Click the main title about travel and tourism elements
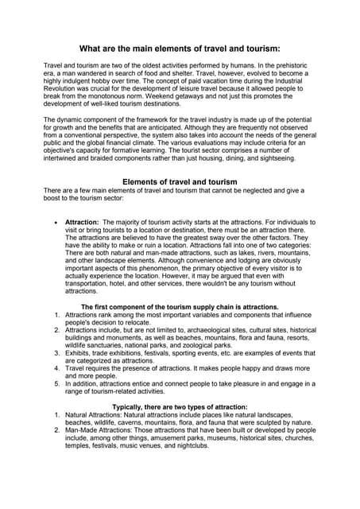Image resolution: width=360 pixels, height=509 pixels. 180,49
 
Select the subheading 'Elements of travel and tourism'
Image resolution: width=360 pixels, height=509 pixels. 180,182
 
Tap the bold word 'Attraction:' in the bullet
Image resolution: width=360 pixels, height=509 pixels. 82,222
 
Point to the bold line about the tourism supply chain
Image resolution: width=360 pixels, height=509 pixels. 180,307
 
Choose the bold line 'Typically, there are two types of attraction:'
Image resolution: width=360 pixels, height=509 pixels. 180,406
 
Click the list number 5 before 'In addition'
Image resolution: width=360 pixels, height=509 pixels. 57,383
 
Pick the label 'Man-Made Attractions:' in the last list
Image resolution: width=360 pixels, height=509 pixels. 103,430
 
